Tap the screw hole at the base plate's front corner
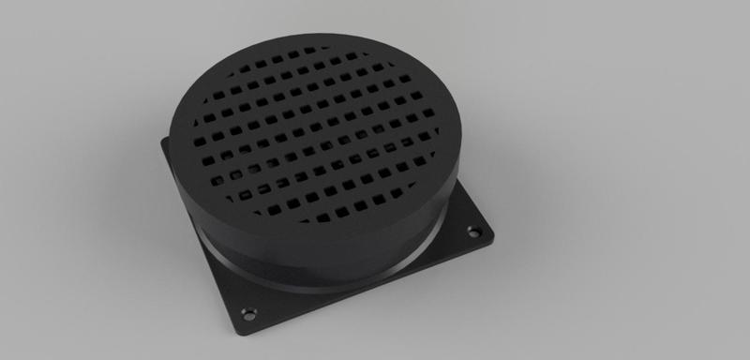[249, 309]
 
